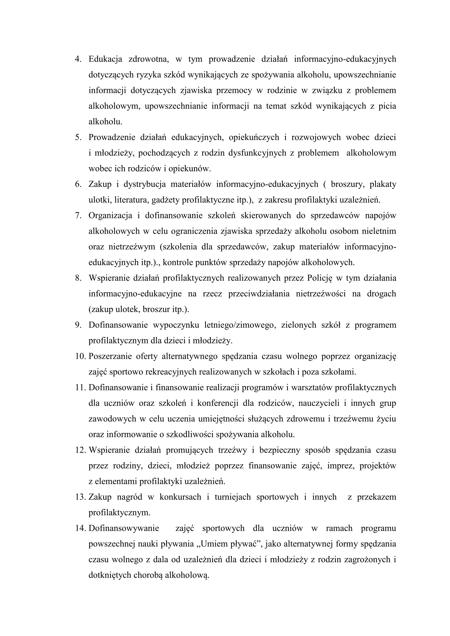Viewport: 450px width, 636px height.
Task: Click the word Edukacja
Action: (x=105, y=59)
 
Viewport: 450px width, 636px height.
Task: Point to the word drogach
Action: (x=382, y=294)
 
